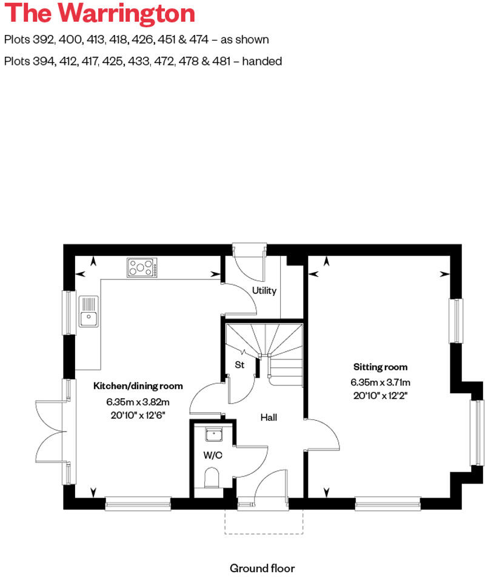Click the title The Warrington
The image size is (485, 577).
[x=99, y=13]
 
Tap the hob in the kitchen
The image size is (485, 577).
[x=142, y=267]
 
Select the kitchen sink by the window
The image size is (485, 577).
[x=89, y=310]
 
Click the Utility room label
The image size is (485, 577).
[x=264, y=290]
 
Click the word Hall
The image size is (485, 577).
[x=269, y=418]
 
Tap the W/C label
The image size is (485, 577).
[x=212, y=456]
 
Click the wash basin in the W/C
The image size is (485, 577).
[x=213, y=435]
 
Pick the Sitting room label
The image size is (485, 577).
[x=380, y=367]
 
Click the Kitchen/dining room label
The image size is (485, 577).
[x=138, y=386]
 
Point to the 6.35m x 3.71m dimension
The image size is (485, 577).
[x=380, y=382]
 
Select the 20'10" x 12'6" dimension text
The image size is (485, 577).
[x=138, y=415]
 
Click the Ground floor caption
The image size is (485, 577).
[x=262, y=568]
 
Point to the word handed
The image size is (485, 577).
[x=262, y=61]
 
